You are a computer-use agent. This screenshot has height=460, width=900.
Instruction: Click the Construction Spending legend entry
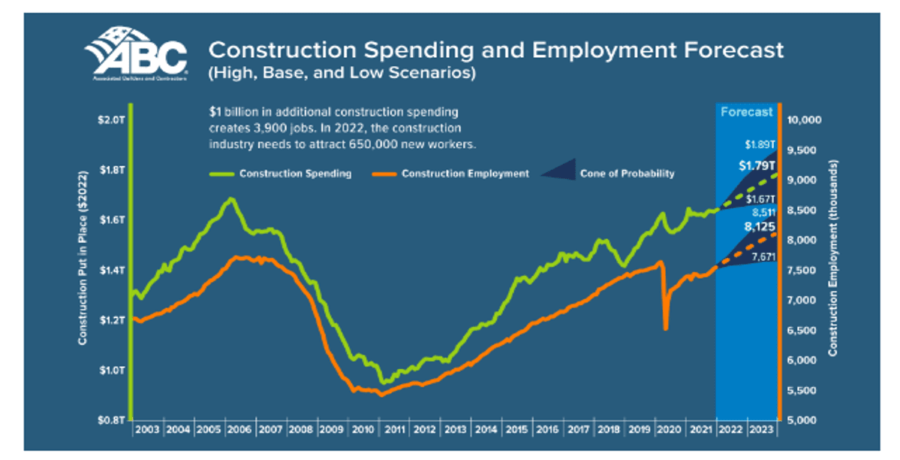(x=295, y=174)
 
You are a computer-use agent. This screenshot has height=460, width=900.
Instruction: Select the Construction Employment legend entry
(x=465, y=174)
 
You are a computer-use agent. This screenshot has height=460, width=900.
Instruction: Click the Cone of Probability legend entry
(x=627, y=174)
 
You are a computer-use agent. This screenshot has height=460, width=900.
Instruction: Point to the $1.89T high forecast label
(x=759, y=144)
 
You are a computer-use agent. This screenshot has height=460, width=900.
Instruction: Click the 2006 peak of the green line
(x=230, y=199)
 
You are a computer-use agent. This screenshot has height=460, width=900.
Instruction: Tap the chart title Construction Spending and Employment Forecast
(x=495, y=50)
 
